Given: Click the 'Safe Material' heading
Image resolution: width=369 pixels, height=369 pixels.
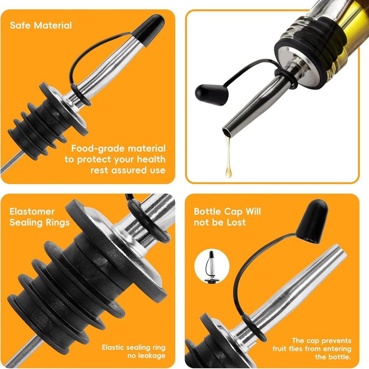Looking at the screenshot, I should tap(41, 26).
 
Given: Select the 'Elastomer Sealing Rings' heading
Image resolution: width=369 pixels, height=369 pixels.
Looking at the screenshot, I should tap(39, 217).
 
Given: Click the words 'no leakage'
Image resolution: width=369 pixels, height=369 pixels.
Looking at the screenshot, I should tap(147, 356).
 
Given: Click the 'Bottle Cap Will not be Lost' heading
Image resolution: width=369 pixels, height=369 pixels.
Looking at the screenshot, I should tap(227, 217).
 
